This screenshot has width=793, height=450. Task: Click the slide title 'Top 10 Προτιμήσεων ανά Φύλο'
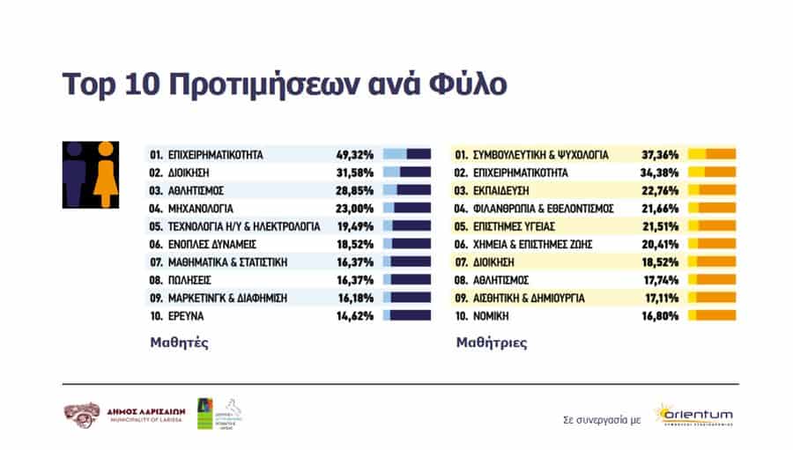coord(285,85)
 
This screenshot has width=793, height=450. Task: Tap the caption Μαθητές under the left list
coord(177,343)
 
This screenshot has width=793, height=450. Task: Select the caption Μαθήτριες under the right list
coord(491,343)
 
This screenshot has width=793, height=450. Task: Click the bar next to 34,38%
coord(711,172)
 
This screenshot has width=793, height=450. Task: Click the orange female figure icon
coord(106,174)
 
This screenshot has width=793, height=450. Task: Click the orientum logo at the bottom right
coord(693,414)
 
